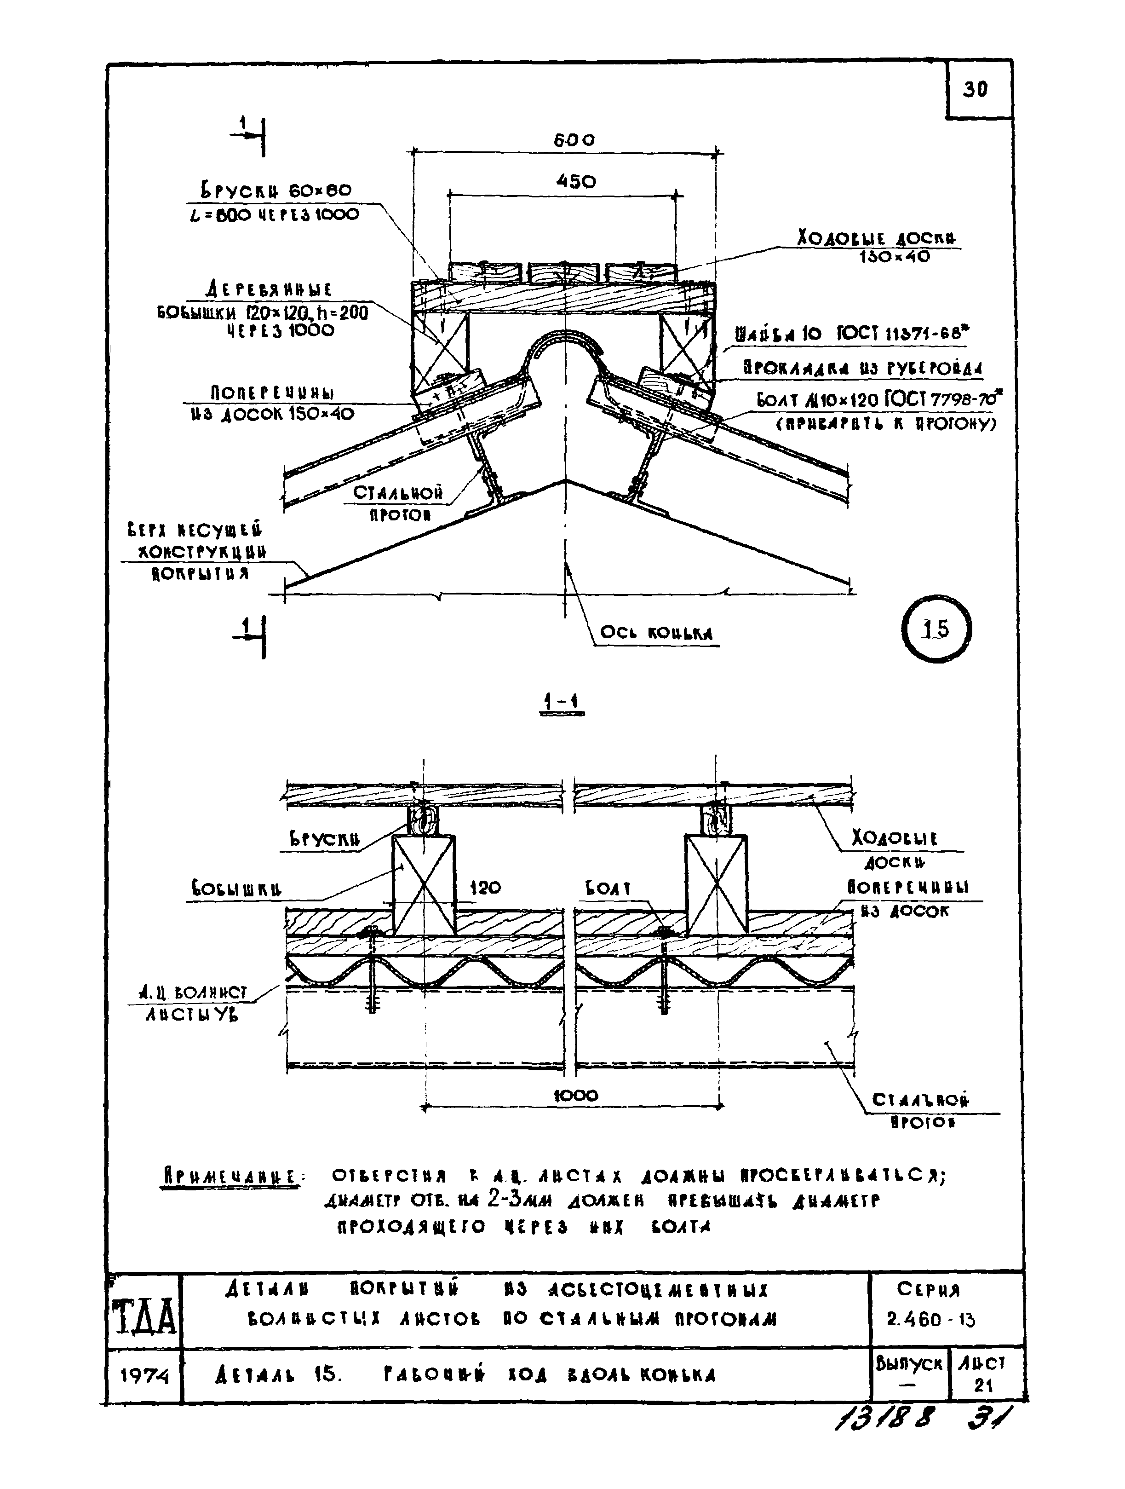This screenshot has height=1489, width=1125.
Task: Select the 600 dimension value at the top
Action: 574,140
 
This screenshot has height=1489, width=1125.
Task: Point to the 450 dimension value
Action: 576,182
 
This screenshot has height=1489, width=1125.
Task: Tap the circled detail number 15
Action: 936,629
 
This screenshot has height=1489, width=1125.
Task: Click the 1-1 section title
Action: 562,702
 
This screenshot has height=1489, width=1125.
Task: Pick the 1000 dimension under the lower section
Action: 576,1095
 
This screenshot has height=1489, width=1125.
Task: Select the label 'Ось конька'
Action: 656,633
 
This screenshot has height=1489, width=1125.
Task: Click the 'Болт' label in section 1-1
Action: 608,889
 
